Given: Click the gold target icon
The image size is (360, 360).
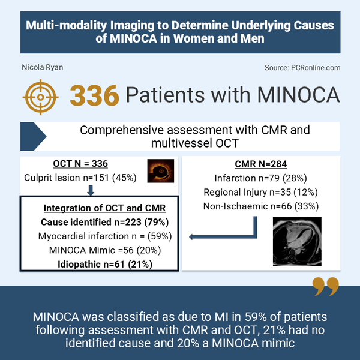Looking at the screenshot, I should pyautogui.click(x=40, y=95).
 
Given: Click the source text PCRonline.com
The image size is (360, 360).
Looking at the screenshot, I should pyautogui.click(x=302, y=68).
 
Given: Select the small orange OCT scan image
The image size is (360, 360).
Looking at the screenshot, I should pyautogui.click(x=160, y=170).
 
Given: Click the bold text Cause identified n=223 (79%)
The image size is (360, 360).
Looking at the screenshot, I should pyautogui.click(x=100, y=222).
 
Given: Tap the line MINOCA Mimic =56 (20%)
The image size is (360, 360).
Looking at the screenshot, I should pyautogui.click(x=100, y=250).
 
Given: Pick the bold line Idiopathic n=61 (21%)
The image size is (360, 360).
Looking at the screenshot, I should pyautogui.click(x=100, y=264).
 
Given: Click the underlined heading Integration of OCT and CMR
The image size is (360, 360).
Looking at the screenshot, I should pyautogui.click(x=100, y=208).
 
